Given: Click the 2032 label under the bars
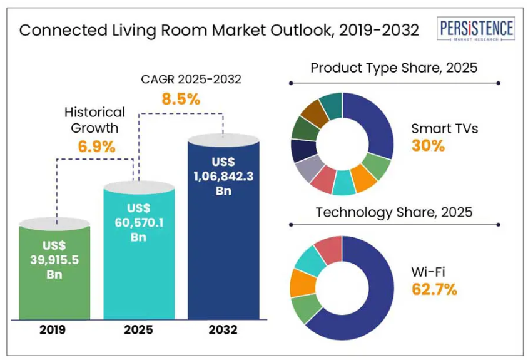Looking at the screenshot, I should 223,331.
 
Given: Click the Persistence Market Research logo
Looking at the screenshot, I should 477,29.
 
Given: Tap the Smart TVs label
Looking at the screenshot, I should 444,128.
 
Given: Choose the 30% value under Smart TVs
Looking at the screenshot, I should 428,146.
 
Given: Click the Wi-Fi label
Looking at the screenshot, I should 429,271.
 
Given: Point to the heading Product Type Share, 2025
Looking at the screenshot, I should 393,68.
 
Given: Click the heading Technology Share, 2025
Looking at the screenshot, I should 393,212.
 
